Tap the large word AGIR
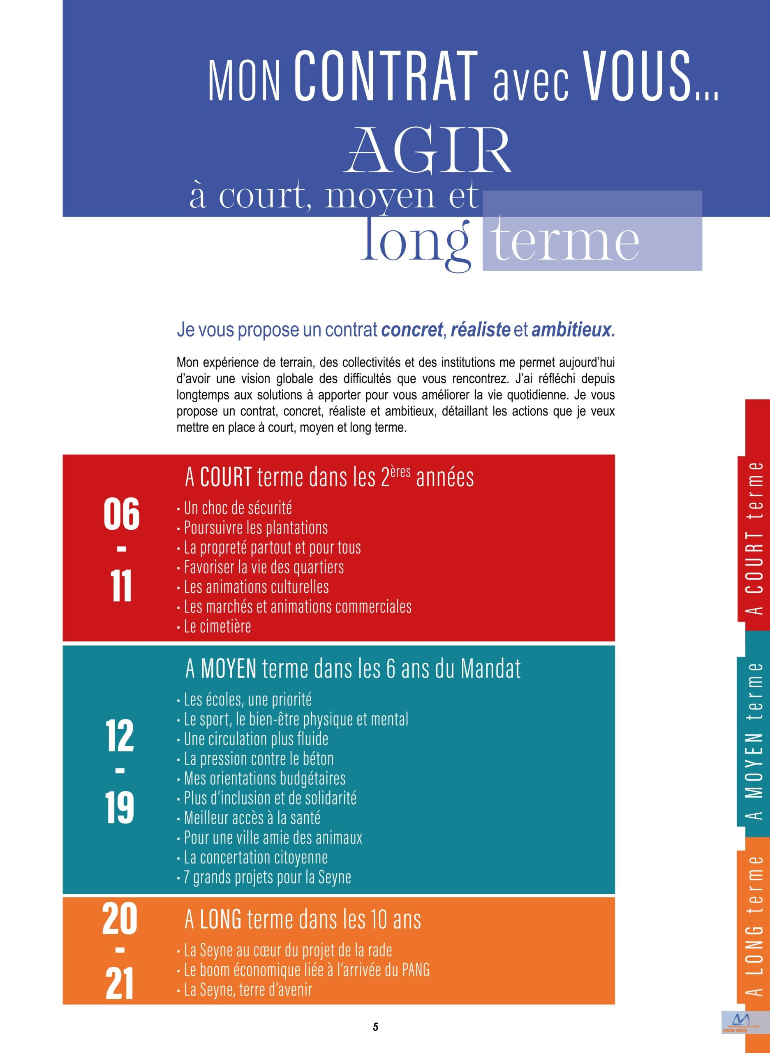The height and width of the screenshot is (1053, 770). (x=428, y=151)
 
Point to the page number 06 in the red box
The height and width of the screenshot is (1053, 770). (x=121, y=514)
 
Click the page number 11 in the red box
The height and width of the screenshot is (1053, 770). (x=121, y=586)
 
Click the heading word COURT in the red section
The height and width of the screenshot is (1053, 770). (x=226, y=478)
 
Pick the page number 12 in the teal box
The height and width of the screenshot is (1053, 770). (x=120, y=736)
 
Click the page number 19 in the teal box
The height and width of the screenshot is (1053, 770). (x=120, y=808)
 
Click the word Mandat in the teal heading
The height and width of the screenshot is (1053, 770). (x=490, y=669)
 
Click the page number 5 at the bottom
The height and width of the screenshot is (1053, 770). (x=375, y=1027)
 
